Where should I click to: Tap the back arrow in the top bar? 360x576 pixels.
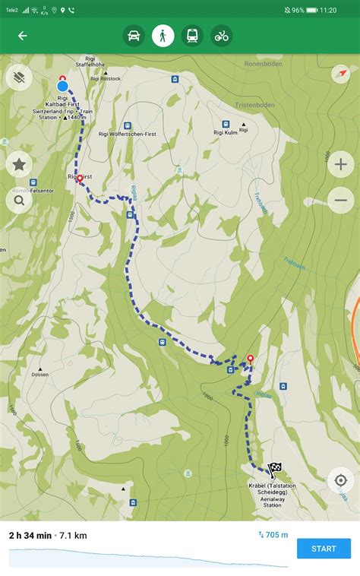pos(22,36)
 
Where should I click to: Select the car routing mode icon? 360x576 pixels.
pos(134,36)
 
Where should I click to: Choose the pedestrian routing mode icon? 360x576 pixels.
pos(163,36)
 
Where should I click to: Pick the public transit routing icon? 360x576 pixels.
pos(192,36)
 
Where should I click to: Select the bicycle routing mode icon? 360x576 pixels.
pos(221,36)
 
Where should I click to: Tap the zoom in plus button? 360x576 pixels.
pos(340,164)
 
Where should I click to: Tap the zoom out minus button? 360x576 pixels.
pos(340,200)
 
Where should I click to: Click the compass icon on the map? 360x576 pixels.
pos(341,74)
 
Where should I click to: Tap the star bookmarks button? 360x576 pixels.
pos(18,164)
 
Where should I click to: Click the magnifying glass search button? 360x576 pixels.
pos(18,201)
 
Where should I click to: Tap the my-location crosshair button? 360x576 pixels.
pos(340,480)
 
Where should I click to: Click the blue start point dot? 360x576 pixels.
pos(62,86)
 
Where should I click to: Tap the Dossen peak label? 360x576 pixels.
pos(40,375)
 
